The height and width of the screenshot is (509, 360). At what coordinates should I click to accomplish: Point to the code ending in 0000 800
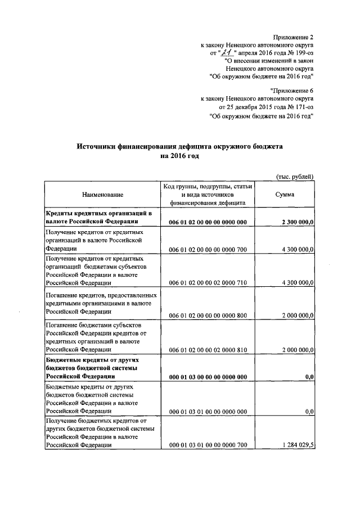(208, 316)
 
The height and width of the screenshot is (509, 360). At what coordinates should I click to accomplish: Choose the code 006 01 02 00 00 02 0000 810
(208, 349)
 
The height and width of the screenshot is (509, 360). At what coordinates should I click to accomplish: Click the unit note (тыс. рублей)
(294, 176)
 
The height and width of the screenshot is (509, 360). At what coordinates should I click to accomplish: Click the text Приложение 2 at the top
(293, 36)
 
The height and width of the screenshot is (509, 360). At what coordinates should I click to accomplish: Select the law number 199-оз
(300, 53)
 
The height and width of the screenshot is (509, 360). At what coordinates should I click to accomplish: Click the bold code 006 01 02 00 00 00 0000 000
(208, 223)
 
